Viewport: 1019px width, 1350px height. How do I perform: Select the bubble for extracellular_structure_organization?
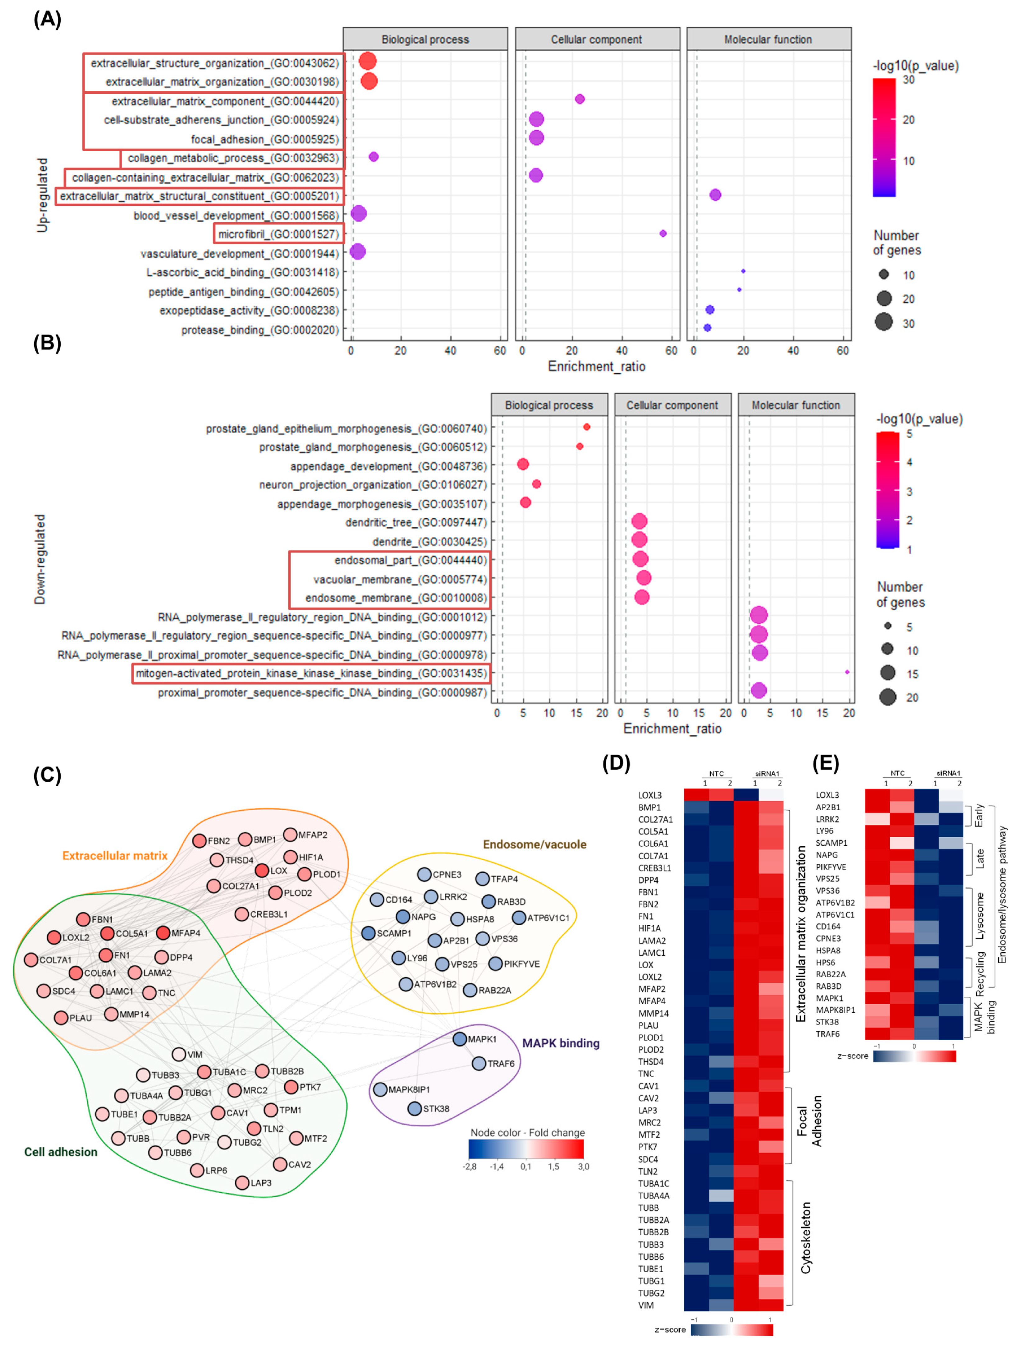(x=367, y=61)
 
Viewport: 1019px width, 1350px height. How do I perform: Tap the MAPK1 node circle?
(x=459, y=1039)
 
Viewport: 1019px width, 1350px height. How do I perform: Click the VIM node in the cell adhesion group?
(x=179, y=1054)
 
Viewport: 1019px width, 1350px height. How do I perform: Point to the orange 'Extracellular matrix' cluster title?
(x=115, y=856)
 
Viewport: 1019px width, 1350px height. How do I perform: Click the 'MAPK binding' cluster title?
(x=561, y=1043)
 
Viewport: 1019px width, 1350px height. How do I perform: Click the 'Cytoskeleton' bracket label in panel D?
(x=806, y=1238)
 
